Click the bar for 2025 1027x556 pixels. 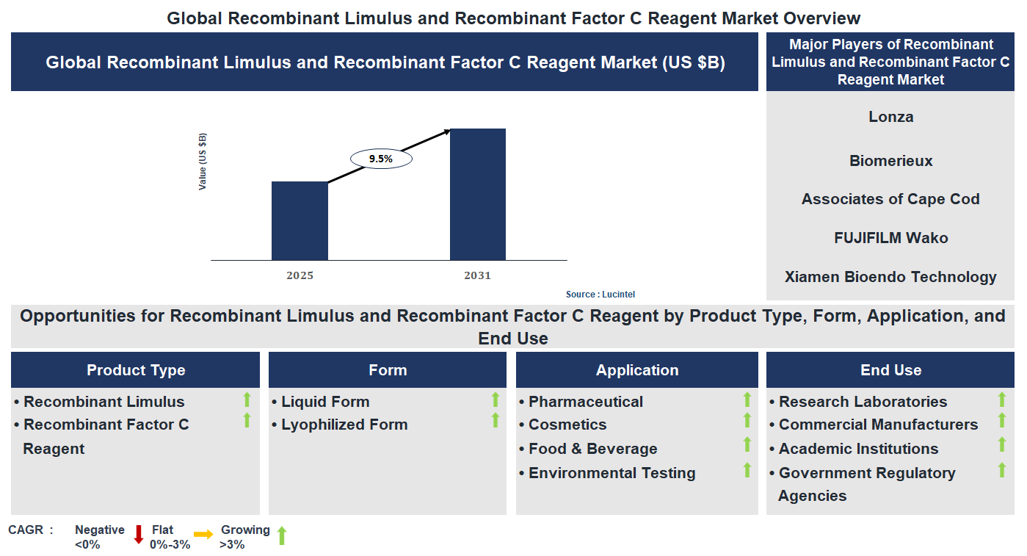(x=300, y=220)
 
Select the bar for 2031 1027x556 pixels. (x=478, y=194)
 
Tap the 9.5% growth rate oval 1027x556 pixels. (x=381, y=159)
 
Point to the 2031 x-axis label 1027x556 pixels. (x=477, y=276)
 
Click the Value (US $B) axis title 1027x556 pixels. (x=203, y=162)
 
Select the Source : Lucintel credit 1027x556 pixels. (x=600, y=295)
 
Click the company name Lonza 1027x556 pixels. (x=890, y=117)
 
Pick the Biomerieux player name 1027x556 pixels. (x=890, y=161)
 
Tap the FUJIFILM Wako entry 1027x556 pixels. (x=890, y=238)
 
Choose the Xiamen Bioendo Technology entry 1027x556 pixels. (x=890, y=277)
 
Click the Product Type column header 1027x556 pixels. (x=136, y=370)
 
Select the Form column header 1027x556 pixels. (x=388, y=370)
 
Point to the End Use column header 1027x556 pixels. (x=890, y=370)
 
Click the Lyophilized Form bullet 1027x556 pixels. (x=344, y=425)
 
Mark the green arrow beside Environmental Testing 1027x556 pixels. (x=747, y=470)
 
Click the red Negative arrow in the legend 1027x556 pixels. (x=139, y=535)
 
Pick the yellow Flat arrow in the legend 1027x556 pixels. (x=203, y=535)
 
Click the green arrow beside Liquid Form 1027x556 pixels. (x=496, y=400)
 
